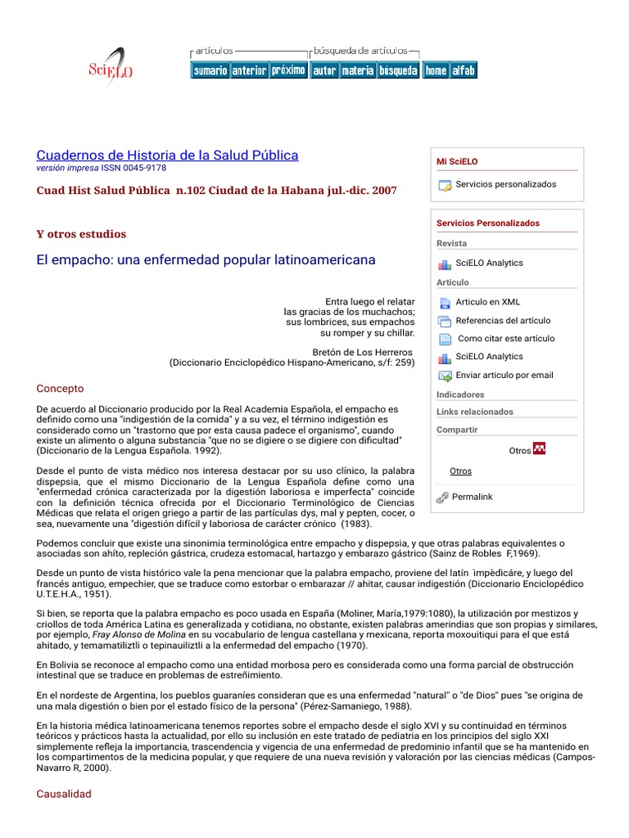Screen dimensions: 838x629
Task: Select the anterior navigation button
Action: pos(249,71)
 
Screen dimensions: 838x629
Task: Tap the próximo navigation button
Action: pos(288,70)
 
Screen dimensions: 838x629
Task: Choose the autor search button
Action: pos(324,71)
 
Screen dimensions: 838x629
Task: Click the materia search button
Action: pos(358,71)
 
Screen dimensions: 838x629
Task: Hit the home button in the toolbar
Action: pos(436,71)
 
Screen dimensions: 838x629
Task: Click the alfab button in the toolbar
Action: pos(464,71)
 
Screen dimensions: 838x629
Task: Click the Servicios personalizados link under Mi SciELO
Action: pos(505,185)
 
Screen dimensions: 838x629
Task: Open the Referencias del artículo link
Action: pos(503,321)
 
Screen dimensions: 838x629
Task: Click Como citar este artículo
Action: pos(505,339)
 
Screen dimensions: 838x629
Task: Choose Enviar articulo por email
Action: pos(505,376)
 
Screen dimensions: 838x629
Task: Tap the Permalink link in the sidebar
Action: pos(472,497)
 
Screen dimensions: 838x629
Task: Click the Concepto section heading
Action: pos(61,389)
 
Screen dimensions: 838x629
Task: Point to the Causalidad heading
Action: pos(65,794)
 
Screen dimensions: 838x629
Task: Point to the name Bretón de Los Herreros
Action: pos(358,352)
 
